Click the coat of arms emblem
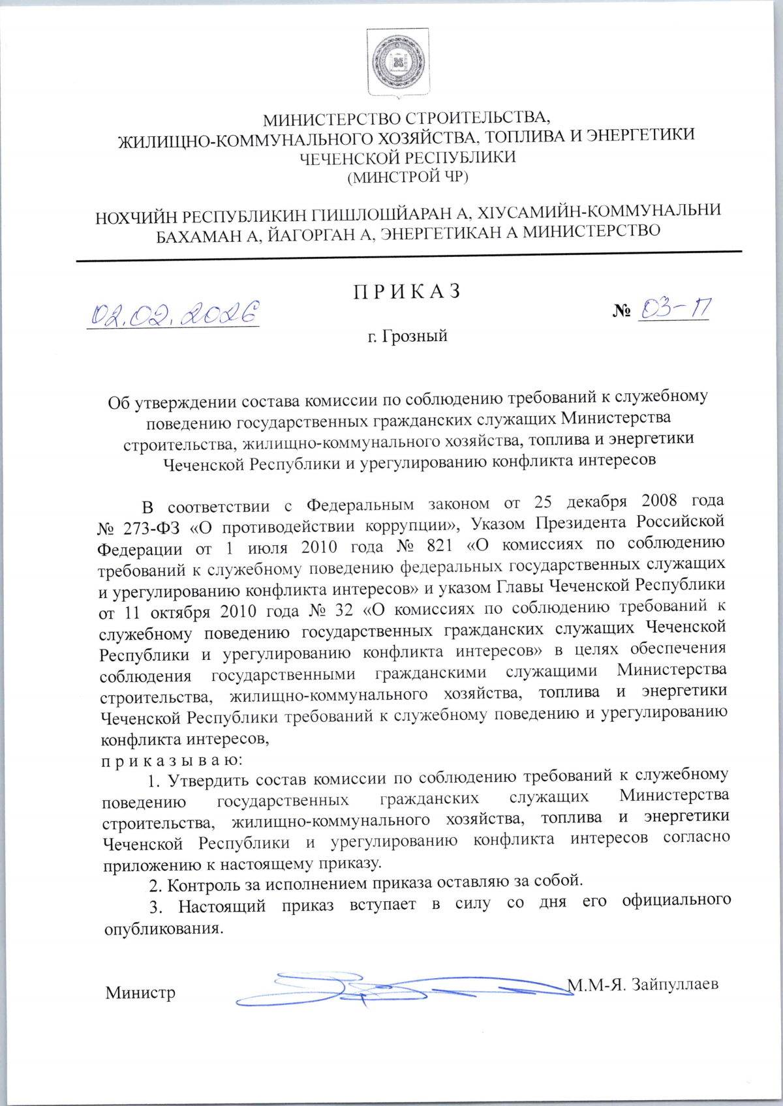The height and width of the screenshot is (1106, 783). tap(397, 64)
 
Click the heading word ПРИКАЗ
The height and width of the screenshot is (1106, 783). tap(408, 291)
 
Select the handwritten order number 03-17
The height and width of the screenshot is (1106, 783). tap(674, 308)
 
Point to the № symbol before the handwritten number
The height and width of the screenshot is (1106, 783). tap(621, 312)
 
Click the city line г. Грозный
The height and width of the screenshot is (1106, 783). tap(407, 336)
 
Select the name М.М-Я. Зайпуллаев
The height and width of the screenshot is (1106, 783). tap(643, 984)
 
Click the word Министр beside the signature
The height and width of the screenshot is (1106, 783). tap(140, 993)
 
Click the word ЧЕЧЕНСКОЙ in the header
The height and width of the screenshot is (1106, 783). tap(350, 158)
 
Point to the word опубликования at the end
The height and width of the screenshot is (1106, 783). tap(164, 929)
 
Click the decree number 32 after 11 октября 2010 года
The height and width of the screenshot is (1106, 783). tap(343, 610)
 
